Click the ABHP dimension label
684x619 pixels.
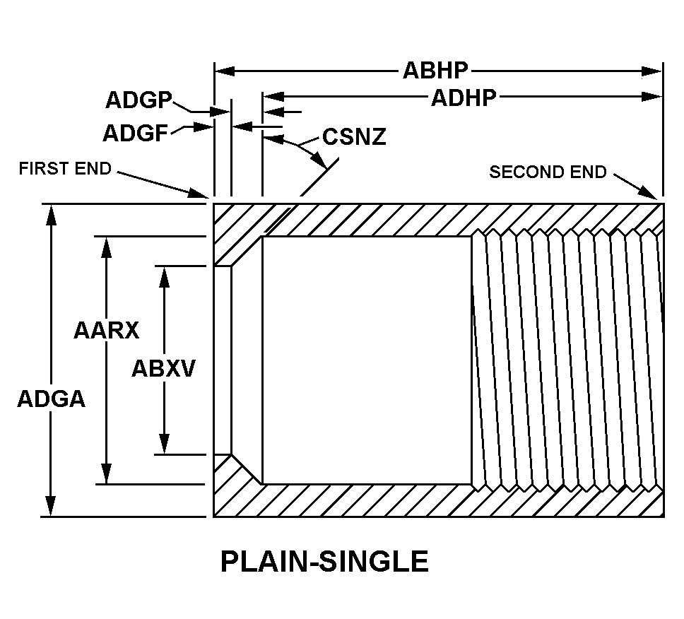pos(435,71)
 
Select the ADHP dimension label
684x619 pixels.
pos(464,97)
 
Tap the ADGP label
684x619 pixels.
pos(138,100)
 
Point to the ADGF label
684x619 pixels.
pos(135,132)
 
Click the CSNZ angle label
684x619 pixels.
pos(355,136)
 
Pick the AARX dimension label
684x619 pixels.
pos(106,330)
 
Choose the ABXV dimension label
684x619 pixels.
pos(163,368)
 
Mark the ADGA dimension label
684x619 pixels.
pos(51,399)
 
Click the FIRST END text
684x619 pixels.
pos(65,169)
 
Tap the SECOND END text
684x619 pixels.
pos(548,172)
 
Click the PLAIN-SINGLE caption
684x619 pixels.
pos(324,562)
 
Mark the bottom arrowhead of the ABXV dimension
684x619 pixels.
pos(164,444)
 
